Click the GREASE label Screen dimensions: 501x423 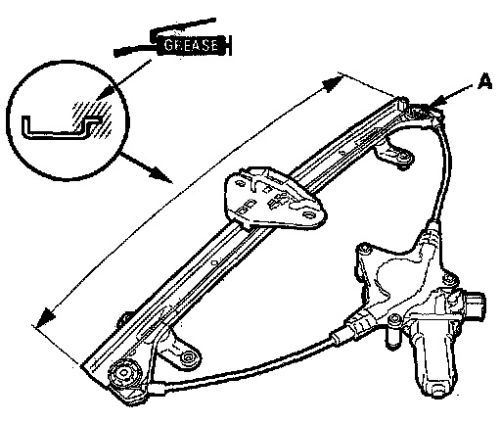click(191, 45)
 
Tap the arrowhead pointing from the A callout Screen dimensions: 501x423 click(436, 102)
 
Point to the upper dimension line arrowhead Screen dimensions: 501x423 click(332, 83)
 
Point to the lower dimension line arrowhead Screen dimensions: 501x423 click(46, 317)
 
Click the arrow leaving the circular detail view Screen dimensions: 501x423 click(146, 166)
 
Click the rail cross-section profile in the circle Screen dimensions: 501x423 click(62, 127)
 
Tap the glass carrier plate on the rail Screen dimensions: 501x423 click(274, 199)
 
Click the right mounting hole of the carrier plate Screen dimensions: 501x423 click(308, 214)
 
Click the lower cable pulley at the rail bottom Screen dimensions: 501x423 click(125, 373)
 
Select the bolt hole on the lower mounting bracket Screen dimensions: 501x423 click(188, 357)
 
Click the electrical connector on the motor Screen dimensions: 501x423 click(475, 305)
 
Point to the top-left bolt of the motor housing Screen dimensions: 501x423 click(365, 249)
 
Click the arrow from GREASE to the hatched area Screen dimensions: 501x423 click(124, 79)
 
